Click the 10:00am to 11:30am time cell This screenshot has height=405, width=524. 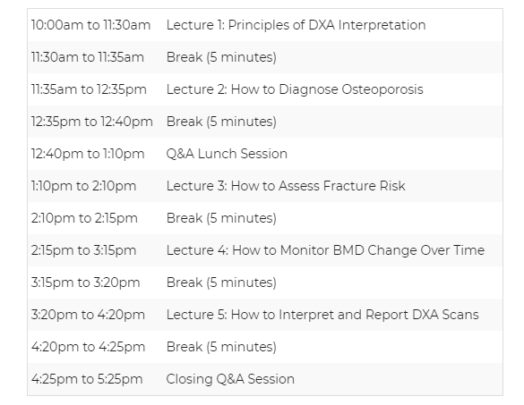(90, 25)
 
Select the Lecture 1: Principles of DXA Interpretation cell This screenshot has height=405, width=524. (296, 25)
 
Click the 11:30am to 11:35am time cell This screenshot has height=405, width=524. (88, 57)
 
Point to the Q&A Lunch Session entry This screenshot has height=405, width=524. (227, 154)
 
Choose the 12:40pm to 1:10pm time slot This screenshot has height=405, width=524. (88, 154)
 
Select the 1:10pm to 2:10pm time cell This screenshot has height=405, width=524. (83, 186)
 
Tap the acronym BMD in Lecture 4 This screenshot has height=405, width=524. (348, 250)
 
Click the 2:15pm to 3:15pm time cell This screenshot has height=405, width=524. (83, 250)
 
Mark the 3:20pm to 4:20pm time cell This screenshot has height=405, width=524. (88, 315)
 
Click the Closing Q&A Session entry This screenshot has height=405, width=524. (230, 379)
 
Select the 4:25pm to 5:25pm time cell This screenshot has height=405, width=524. (87, 379)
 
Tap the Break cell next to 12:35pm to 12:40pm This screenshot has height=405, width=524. (221, 122)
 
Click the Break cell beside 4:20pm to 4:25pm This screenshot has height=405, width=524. (221, 347)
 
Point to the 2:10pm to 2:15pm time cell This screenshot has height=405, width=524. (84, 218)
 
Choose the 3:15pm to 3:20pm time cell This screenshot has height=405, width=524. (86, 283)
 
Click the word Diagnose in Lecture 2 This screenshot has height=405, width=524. (308, 89)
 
